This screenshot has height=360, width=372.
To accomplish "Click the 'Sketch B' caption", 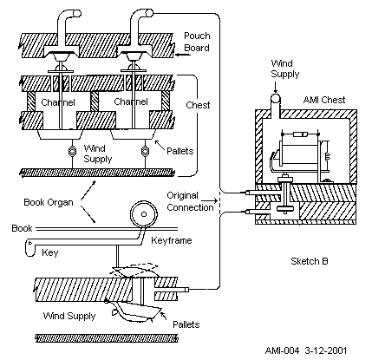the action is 310,261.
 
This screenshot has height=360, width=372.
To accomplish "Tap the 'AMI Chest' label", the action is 324,100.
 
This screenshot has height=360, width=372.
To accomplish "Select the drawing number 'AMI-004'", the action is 282,350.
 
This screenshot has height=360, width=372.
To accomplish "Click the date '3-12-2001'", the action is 326,350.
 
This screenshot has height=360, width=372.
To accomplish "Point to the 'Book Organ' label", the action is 49,202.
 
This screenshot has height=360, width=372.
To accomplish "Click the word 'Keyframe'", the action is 172,240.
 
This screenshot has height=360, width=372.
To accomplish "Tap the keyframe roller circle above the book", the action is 144,214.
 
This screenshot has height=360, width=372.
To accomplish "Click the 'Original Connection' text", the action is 190,201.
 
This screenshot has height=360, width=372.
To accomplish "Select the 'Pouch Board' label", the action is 197,42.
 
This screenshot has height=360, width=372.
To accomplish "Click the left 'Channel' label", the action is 58,102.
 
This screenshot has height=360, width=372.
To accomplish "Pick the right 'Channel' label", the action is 131,101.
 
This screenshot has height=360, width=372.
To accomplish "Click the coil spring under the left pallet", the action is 72,151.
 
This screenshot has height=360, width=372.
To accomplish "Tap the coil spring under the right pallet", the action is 145,151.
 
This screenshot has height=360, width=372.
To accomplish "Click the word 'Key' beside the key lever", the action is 50,252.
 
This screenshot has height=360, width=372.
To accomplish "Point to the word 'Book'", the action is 22,228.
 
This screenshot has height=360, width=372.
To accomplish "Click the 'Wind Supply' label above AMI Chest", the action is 285,69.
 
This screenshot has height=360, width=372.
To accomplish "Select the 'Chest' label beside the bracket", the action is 198,105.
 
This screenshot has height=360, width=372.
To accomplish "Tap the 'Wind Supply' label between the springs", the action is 98,154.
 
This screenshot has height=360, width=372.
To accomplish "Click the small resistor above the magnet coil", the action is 299,134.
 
